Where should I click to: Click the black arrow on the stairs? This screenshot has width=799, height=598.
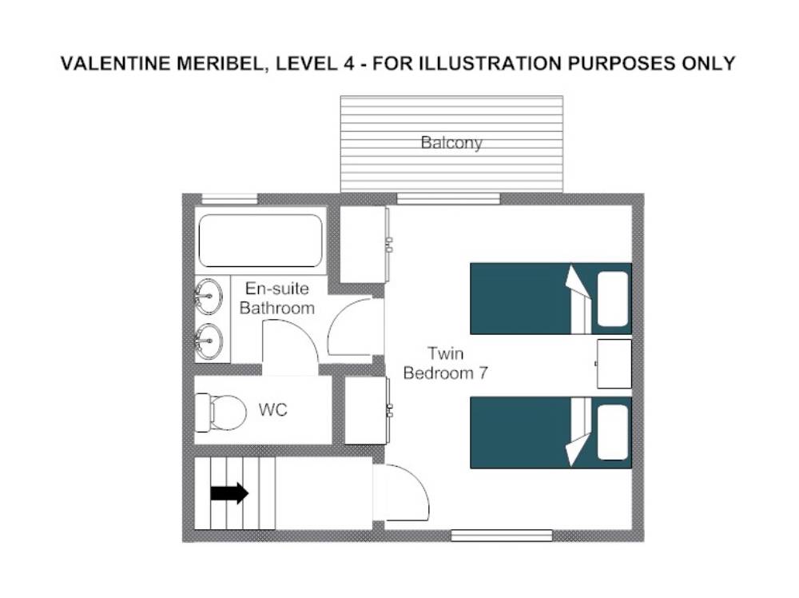click(x=229, y=493)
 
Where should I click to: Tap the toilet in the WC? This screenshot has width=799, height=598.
click(x=221, y=412)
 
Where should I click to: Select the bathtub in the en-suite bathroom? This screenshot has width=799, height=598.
click(x=260, y=241)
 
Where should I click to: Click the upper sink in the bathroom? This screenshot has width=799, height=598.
click(x=209, y=296)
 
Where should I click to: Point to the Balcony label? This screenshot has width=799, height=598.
click(x=451, y=142)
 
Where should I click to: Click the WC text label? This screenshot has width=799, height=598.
click(x=272, y=409)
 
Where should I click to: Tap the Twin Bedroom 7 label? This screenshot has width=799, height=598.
click(x=445, y=363)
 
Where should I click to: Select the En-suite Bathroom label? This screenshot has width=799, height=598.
click(x=276, y=298)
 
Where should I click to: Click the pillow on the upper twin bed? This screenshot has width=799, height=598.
click(x=613, y=299)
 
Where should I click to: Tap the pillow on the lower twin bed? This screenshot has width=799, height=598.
click(x=613, y=433)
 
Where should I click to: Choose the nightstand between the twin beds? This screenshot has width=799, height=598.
click(x=614, y=364)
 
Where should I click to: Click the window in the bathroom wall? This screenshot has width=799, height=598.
click(x=230, y=199)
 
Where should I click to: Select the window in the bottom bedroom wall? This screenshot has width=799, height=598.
click(x=502, y=536)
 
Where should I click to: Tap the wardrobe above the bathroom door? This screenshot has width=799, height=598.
click(x=363, y=245)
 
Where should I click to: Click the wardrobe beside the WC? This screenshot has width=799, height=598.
click(x=366, y=410)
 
